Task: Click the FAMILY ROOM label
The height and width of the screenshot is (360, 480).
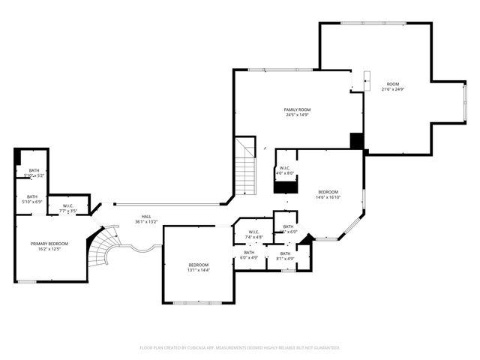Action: coord(298,109)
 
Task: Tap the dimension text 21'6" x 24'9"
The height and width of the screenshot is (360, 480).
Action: coord(393,89)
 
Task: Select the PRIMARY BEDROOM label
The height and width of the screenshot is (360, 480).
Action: coord(49,244)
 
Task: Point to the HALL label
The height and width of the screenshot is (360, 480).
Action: coord(146,217)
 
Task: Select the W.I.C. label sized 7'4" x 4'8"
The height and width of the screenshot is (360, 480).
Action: coord(253,237)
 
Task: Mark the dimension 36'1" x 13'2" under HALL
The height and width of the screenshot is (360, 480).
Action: coord(146,222)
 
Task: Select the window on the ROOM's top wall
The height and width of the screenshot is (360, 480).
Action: coord(375,22)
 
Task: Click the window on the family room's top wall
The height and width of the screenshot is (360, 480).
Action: coord(270,70)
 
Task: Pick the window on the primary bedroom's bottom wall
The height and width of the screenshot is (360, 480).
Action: coord(27,281)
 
